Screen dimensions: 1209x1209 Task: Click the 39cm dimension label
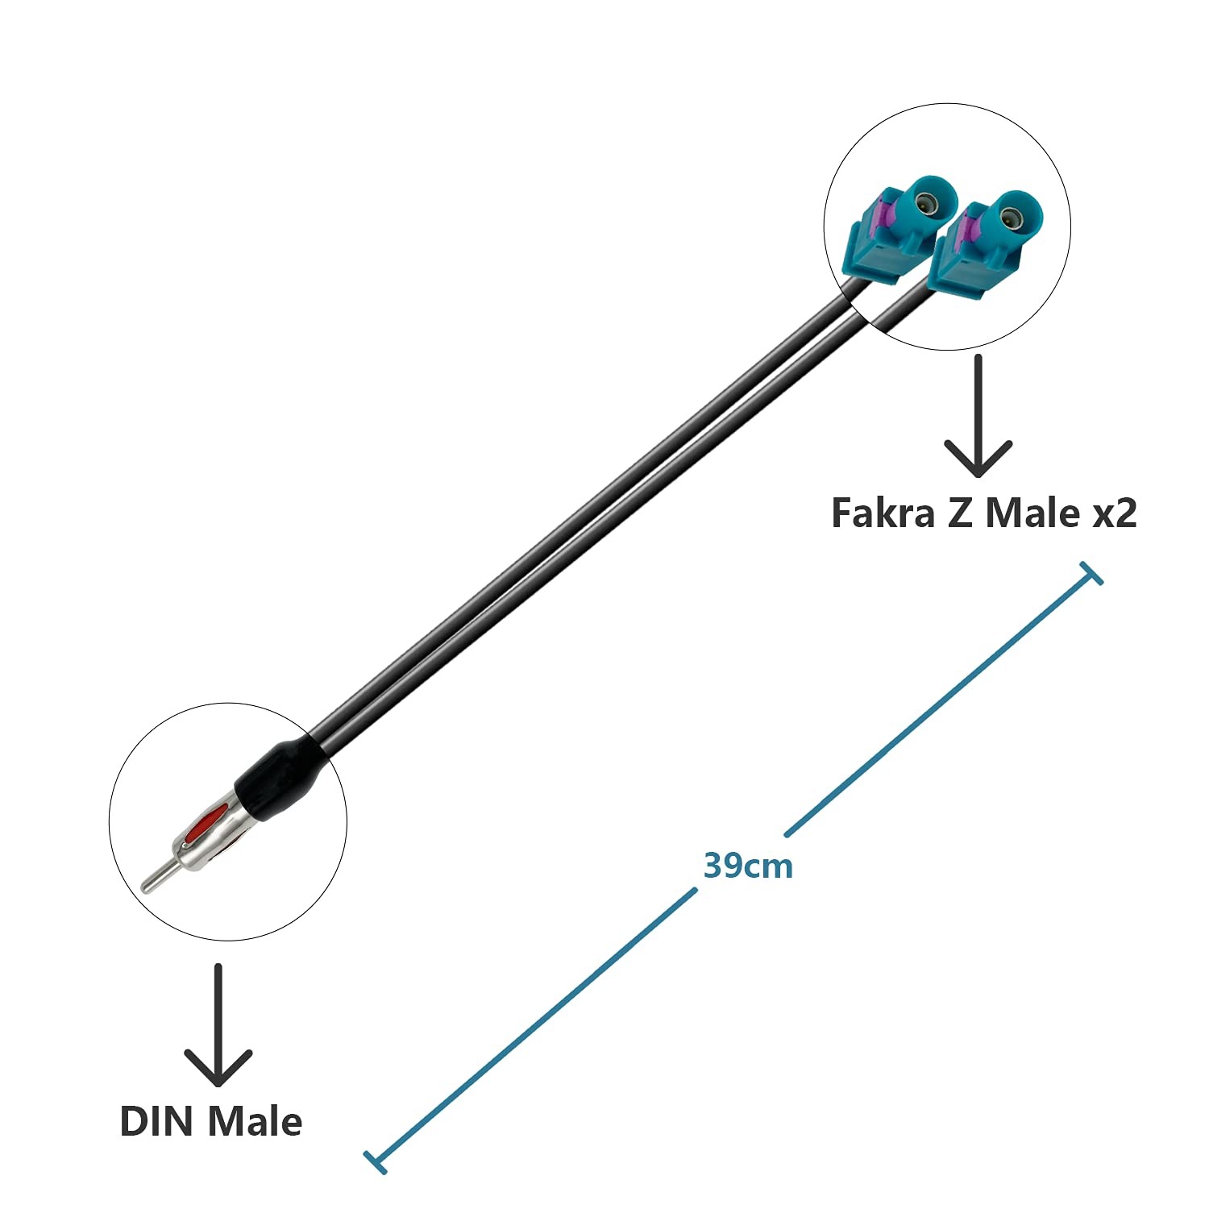(748, 866)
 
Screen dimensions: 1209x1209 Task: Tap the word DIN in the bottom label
(158, 1121)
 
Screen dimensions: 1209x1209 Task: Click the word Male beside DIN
(256, 1121)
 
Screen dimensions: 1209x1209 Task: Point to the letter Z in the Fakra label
(960, 513)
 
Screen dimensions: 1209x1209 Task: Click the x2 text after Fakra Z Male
(1114, 514)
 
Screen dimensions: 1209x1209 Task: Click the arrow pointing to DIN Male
(218, 1024)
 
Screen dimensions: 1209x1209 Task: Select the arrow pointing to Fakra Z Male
(978, 415)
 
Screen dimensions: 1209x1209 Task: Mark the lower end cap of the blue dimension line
(376, 1161)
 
